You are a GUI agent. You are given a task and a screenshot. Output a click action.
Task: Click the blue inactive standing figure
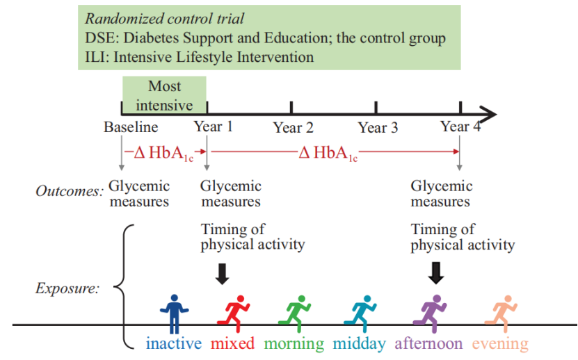click(174, 312)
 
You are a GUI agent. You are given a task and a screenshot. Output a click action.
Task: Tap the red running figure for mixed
click(235, 312)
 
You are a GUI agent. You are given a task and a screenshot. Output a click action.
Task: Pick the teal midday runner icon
click(362, 312)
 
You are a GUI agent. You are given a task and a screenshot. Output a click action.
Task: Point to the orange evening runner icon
click(501, 312)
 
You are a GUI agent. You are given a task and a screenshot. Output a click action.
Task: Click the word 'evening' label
click(500, 343)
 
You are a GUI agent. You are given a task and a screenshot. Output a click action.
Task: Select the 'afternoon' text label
click(428, 343)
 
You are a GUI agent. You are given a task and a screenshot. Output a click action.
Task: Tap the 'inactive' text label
click(174, 343)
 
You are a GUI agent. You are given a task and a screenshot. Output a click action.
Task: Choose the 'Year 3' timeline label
click(378, 128)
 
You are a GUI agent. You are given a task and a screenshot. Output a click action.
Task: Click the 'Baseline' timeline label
click(131, 127)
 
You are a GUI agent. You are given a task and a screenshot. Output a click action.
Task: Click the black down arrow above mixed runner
click(222, 272)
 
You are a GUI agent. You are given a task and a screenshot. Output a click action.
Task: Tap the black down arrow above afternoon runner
click(435, 272)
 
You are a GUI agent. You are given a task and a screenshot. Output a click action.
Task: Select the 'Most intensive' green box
click(165, 95)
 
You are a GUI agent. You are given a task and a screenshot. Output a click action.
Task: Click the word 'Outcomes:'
click(70, 190)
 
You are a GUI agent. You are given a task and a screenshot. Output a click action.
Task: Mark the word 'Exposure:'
click(67, 288)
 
